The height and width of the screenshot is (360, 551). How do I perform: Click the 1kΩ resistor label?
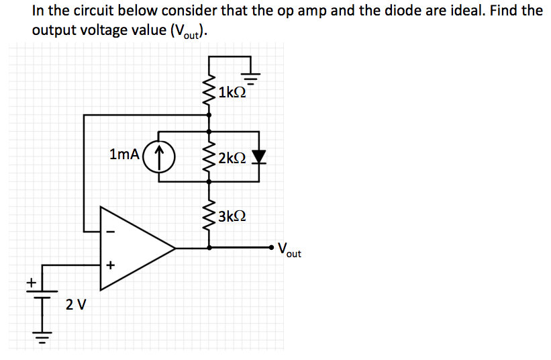(x=232, y=93)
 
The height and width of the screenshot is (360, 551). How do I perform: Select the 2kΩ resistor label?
(x=232, y=158)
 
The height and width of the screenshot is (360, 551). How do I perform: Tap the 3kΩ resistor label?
(x=232, y=216)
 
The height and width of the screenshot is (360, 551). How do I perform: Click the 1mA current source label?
(x=124, y=154)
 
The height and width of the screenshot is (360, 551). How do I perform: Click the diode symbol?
(x=259, y=157)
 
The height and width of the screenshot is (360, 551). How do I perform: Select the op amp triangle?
(x=134, y=248)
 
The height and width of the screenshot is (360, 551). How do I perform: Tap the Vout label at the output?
(x=289, y=250)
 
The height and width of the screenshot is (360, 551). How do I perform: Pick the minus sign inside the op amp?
(x=111, y=232)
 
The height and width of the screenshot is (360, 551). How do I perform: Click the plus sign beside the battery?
(x=30, y=283)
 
